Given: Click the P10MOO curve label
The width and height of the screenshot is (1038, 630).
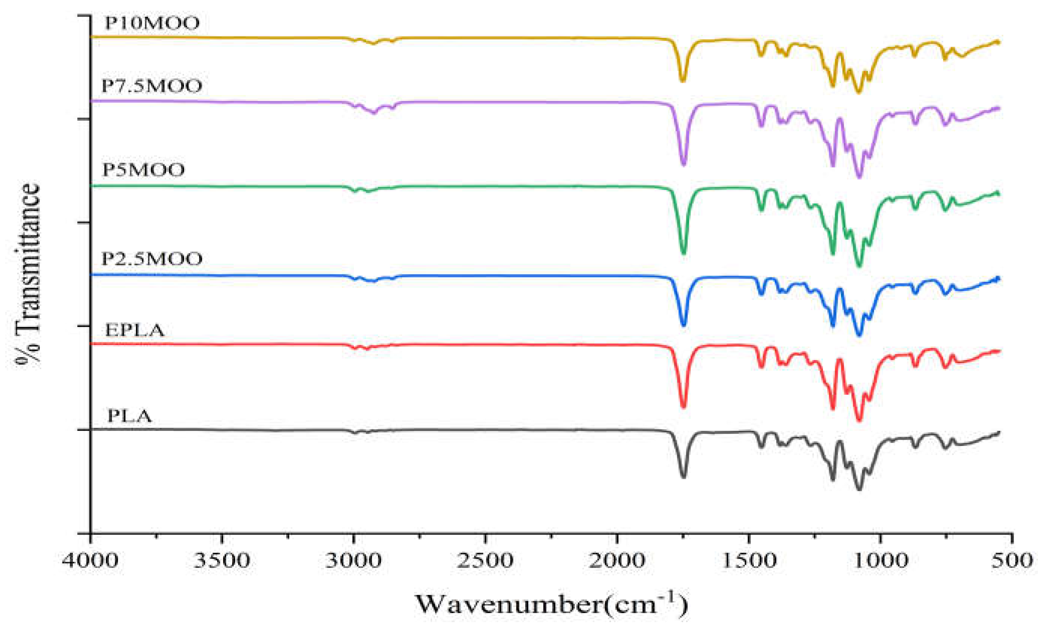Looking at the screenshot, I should pyautogui.click(x=152, y=24).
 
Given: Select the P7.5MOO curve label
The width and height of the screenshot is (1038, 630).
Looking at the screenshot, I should pyautogui.click(x=152, y=86).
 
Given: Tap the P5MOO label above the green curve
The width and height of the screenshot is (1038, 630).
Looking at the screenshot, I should pyautogui.click(x=144, y=170).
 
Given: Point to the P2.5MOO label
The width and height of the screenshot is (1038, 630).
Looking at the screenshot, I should pyautogui.click(x=152, y=259).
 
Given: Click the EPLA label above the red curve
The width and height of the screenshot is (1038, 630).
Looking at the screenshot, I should pyautogui.click(x=134, y=330).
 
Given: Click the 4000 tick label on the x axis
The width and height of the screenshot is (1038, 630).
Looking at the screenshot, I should pyautogui.click(x=91, y=561).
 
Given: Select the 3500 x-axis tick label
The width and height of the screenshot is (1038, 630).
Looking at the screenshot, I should pyautogui.click(x=222, y=561).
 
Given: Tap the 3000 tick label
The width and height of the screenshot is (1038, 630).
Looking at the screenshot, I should pyautogui.click(x=354, y=561).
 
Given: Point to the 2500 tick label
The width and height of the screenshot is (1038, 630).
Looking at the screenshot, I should pyautogui.click(x=485, y=561).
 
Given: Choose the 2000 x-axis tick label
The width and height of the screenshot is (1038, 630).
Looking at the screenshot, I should pyautogui.click(x=617, y=561).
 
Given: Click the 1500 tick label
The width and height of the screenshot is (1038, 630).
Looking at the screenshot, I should pyautogui.click(x=749, y=561).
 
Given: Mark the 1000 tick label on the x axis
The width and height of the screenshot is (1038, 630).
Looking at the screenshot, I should pyautogui.click(x=881, y=561).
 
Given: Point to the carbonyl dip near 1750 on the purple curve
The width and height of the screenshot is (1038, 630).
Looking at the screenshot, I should pyautogui.click(x=683, y=164).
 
